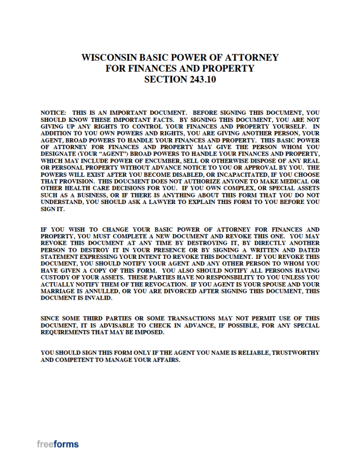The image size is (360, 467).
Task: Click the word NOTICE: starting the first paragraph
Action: [53, 113]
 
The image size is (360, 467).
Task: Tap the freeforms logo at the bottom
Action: [58, 444]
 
